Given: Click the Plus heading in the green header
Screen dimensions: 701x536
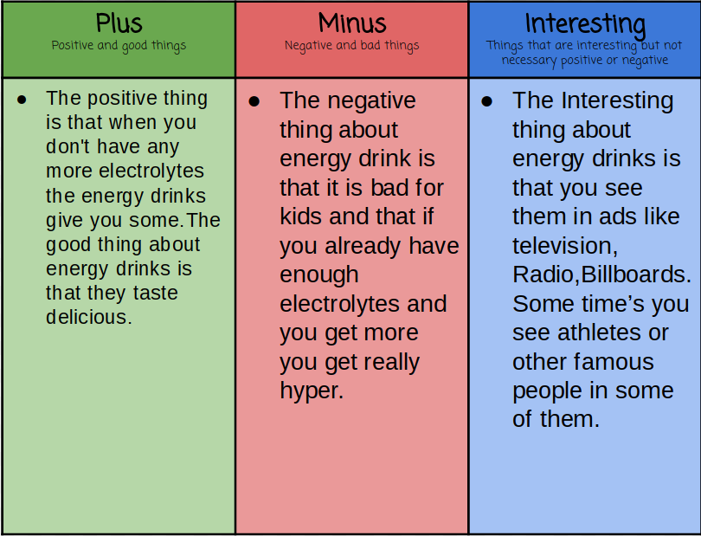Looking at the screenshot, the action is [119, 23].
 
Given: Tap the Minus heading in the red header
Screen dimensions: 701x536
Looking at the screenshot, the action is [352, 23].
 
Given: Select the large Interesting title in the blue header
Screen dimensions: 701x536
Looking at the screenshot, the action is [585, 24].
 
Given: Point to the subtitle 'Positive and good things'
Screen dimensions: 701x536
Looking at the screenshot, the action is [119, 46].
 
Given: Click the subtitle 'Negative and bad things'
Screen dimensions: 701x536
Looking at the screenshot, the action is [352, 46].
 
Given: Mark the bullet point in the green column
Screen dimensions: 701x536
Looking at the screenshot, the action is [22, 100].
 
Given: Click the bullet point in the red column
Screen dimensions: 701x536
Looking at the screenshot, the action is [254, 101].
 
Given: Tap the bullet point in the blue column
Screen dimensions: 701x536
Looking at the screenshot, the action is [487, 101].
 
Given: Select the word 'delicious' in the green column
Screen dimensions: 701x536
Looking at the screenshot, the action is [87, 317].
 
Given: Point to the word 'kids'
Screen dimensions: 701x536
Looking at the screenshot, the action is [301, 216].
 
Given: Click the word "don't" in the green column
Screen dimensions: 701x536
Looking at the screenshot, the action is [68, 146].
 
